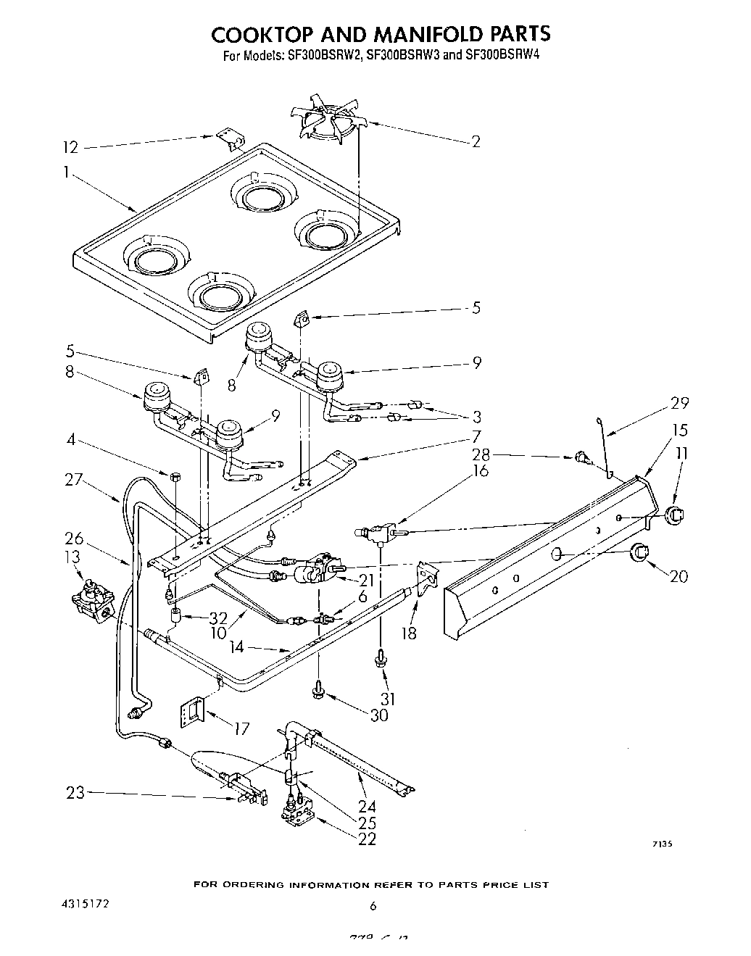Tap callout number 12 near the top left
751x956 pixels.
point(70,147)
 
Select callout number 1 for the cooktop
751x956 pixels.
point(66,173)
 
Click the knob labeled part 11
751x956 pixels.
point(675,515)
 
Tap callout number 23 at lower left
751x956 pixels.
point(76,793)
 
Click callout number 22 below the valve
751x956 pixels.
point(367,839)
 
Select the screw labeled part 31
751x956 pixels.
point(380,659)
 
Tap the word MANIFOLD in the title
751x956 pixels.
point(420,34)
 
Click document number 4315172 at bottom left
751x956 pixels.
point(86,905)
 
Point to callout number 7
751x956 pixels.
point(476,436)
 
